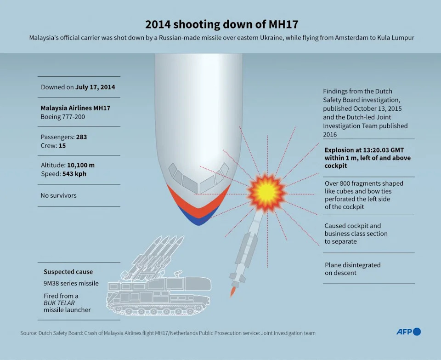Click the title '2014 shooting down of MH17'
pos(221,24)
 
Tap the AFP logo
pos(409,331)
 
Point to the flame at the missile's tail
pos(232,292)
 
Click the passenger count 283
pos(82,137)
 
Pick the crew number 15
pos(62,146)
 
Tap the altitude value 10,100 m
pos(81,165)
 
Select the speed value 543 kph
pos(74,174)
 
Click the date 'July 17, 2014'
pos(95,87)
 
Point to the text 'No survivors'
pos(58,195)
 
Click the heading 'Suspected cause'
pos(68,272)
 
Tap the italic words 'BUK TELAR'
pos(59,303)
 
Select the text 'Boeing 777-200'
pos(63,116)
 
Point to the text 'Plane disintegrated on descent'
pos(353,269)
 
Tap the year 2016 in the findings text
pos(330,135)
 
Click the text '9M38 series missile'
pos(71,283)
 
